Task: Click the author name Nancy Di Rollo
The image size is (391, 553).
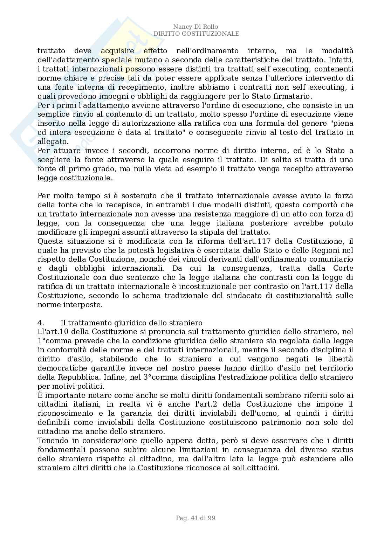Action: (195, 27)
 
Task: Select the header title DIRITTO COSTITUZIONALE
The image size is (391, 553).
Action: (196, 34)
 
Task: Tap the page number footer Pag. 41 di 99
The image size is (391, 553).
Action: (195, 518)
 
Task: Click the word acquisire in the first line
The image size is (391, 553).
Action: (117, 51)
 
